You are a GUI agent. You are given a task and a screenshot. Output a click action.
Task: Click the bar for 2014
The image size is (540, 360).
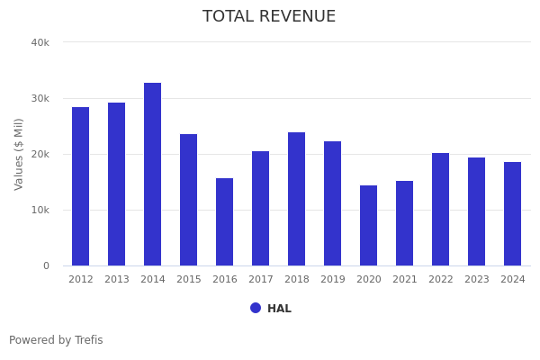click(x=153, y=174)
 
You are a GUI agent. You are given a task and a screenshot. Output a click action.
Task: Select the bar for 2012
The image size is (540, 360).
click(x=81, y=186)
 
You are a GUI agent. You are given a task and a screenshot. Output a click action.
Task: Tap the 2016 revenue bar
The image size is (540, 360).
click(x=225, y=221)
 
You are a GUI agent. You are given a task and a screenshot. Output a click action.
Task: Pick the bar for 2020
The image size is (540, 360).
click(x=369, y=225)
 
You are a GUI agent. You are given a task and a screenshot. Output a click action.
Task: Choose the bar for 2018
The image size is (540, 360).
click(x=297, y=199)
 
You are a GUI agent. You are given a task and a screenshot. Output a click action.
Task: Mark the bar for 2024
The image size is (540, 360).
click(x=513, y=213)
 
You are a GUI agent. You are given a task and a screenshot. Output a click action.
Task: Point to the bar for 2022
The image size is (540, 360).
click(x=441, y=209)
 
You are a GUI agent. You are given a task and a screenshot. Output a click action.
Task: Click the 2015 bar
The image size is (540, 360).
click(x=189, y=200)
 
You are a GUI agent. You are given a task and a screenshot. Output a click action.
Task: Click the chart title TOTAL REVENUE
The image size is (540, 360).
click(x=269, y=17)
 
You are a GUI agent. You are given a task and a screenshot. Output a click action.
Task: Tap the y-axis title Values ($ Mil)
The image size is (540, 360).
click(x=19, y=154)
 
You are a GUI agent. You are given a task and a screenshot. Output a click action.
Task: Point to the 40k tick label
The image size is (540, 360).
click(x=40, y=42)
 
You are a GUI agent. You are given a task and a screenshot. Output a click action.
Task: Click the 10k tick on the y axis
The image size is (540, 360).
click(x=40, y=210)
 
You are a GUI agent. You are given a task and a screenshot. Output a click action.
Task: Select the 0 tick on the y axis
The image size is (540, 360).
click(x=45, y=265)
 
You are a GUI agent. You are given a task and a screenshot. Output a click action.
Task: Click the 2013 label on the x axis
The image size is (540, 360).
click(x=117, y=280)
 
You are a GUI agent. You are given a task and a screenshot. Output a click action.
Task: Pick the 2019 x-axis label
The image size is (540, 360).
click(x=333, y=280)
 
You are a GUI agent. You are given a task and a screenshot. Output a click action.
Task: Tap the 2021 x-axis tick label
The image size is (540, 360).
click(x=405, y=280)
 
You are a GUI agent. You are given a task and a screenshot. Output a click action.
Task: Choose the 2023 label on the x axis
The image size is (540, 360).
click(x=477, y=280)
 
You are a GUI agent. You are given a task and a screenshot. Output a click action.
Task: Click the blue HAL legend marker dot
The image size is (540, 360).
click(x=256, y=308)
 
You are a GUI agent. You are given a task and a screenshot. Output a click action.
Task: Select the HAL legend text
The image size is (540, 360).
click(x=279, y=309)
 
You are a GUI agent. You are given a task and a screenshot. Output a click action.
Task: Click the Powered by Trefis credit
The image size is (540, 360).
click(x=56, y=340)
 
